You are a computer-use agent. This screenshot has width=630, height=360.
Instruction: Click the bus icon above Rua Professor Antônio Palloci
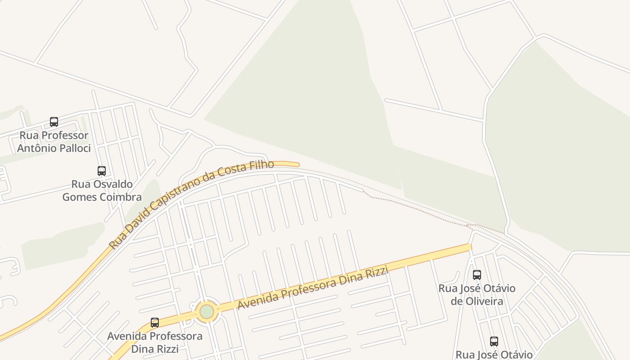click(54, 121)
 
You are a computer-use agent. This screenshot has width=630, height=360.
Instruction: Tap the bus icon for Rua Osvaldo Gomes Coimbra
click(102, 171)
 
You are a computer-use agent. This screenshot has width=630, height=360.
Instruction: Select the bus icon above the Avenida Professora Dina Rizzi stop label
click(155, 323)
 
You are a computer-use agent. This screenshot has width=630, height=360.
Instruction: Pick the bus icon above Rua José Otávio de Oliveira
click(477, 274)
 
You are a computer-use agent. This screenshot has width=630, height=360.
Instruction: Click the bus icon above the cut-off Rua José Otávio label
click(494, 342)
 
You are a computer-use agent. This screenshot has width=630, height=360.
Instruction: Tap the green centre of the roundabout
click(207, 311)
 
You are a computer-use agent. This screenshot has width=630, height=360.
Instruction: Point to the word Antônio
click(34, 148)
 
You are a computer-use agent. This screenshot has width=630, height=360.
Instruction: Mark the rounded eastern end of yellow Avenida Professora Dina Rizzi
click(469, 247)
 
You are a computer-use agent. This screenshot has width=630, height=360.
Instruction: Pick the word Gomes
click(77, 197)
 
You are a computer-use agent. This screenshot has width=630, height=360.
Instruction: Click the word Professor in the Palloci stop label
click(54, 135)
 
